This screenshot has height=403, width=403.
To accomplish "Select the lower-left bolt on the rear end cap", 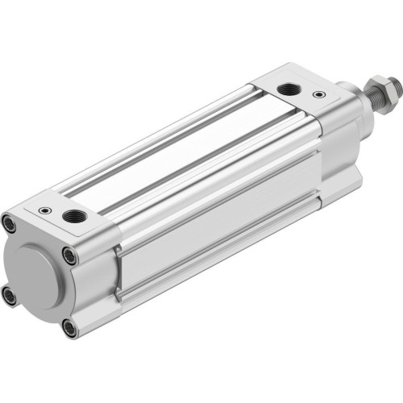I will [x=9, y=297].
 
